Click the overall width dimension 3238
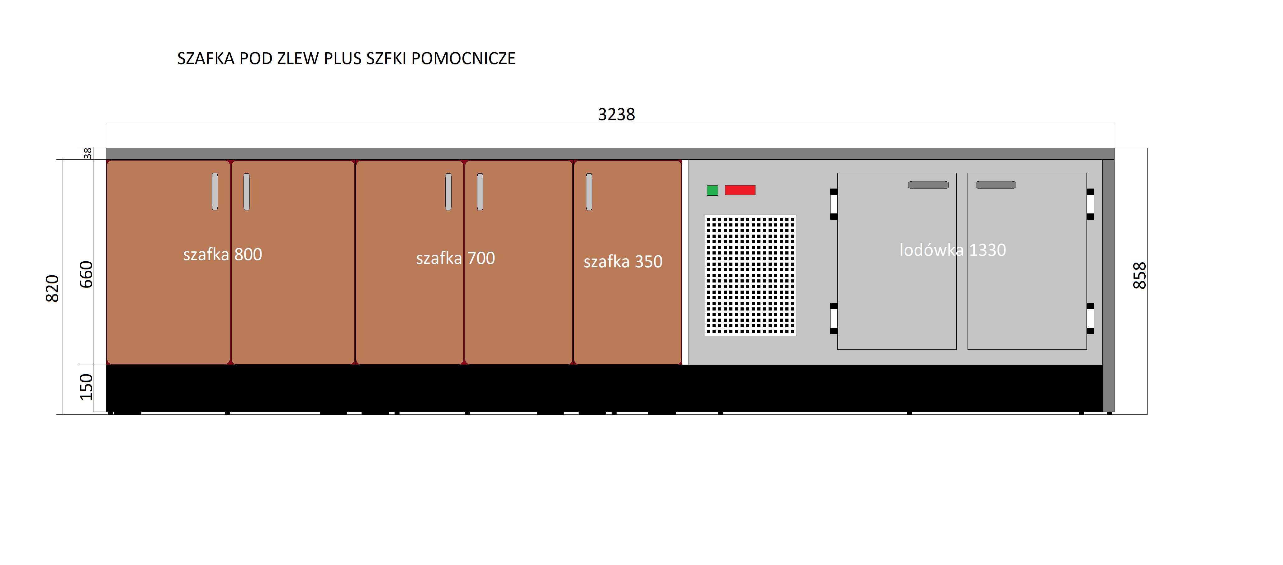616,114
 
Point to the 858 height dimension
1139,275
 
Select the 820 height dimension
52,288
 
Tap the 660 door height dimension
86,274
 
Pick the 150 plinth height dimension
86,387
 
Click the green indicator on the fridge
712,190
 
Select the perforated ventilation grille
750,275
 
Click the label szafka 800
223,254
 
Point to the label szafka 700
455,258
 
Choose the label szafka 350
623,261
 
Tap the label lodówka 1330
952,250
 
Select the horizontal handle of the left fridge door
928,185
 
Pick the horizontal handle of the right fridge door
996,185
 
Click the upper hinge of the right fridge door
1090,203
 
